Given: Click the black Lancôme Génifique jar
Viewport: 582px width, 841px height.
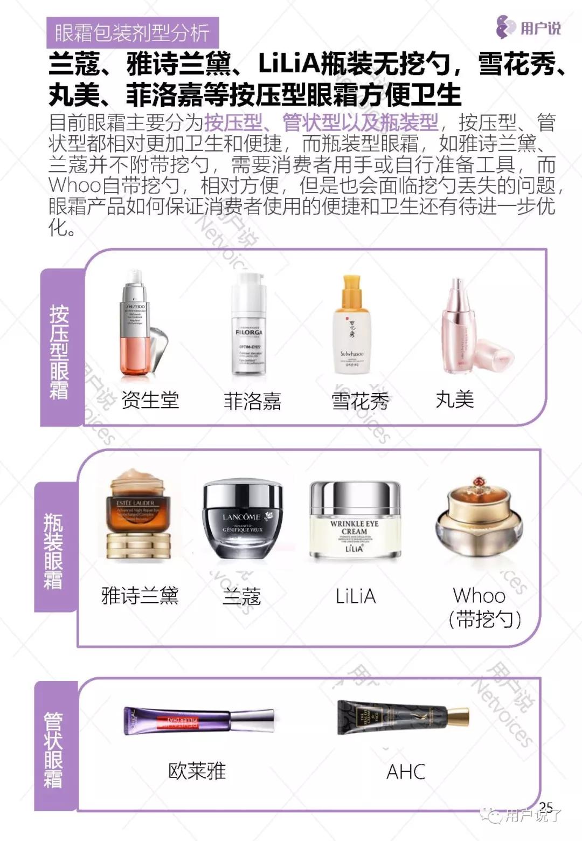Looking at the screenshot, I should coord(242,520).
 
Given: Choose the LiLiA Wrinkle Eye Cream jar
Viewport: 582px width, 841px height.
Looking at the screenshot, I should coord(355,520).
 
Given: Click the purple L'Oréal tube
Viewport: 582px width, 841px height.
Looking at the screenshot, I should coord(198,721).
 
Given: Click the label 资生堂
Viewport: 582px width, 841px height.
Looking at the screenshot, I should coord(150,400).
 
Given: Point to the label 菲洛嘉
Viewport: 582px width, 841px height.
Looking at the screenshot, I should coord(252,401).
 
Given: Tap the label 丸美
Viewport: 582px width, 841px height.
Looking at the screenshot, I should coord(455,399).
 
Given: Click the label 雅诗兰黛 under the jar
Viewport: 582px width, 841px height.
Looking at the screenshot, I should coord(140,596).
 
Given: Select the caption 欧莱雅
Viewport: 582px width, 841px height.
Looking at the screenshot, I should coord(197,771).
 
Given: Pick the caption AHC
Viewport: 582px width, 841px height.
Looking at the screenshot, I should coord(406,771).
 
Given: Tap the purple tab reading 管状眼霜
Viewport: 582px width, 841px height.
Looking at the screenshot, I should coord(53,750).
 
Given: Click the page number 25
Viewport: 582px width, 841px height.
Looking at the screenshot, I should coord(546,807).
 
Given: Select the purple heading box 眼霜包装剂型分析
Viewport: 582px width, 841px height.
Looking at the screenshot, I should coord(132,33).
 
